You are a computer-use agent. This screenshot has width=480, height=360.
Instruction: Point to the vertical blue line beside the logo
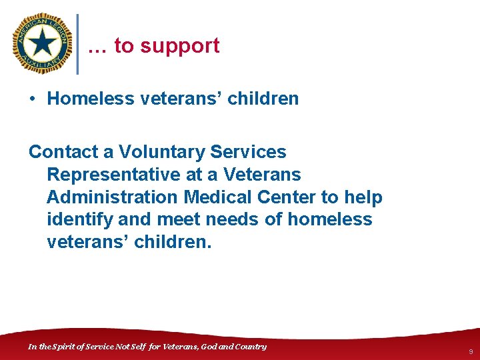tap(79, 44)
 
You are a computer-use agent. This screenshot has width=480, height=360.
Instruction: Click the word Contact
tap(63, 152)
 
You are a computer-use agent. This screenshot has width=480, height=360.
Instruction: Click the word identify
tap(73, 220)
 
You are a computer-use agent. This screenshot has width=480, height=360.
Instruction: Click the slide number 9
tap(471, 351)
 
